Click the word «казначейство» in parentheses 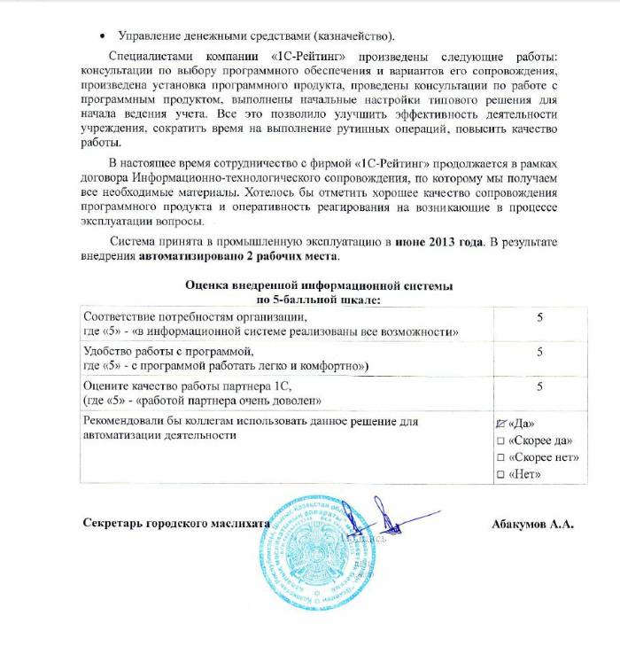click(x=351, y=36)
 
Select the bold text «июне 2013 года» click(x=436, y=242)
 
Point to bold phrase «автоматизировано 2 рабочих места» click(x=237, y=256)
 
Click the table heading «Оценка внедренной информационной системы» click(x=319, y=286)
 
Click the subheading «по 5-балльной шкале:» click(x=319, y=300)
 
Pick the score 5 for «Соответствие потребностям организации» click(x=539, y=317)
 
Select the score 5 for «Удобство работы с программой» click(x=539, y=352)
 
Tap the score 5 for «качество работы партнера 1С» click(x=539, y=386)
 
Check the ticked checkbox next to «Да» click(x=501, y=424)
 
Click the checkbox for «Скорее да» click(x=501, y=440)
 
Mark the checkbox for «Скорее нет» click(x=501, y=458)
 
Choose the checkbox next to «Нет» click(x=501, y=476)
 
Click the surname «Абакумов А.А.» click(x=532, y=524)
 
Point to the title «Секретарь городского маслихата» click(x=176, y=524)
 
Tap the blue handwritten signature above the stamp click(x=359, y=518)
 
